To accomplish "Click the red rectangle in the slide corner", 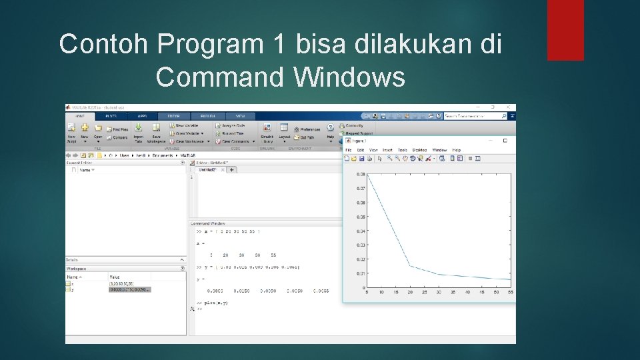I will [x=565, y=30].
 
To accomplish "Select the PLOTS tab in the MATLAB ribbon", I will [x=111, y=116].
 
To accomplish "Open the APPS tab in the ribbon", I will [x=142, y=116].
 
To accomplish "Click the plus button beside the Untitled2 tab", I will [x=232, y=169].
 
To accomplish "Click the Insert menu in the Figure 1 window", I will [x=387, y=150].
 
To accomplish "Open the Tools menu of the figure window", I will [x=403, y=150].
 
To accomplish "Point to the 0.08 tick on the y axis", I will [x=361, y=174].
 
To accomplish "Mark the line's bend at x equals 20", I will [x=410, y=266].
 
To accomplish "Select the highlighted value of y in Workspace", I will [x=130, y=289].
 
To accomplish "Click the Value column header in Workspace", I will [x=115, y=277].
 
